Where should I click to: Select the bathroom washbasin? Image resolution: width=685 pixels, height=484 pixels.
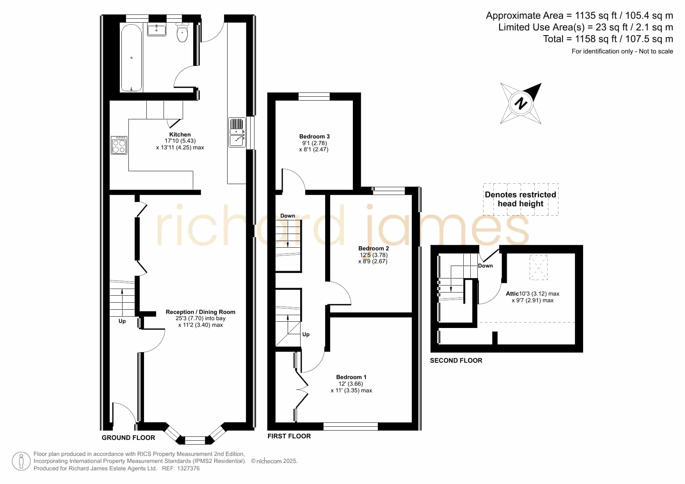click(x=157, y=29)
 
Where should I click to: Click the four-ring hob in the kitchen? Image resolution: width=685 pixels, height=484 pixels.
click(x=119, y=145)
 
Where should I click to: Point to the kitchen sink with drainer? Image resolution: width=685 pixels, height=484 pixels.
click(x=237, y=133)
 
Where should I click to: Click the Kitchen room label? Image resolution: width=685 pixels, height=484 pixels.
click(x=180, y=135)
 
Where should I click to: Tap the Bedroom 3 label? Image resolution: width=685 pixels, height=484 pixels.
click(x=314, y=137)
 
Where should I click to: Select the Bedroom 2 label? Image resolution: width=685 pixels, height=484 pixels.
click(x=374, y=248)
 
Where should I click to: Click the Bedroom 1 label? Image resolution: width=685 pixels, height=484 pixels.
click(x=351, y=377)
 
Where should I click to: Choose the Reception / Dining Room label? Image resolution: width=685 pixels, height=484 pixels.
click(x=201, y=312)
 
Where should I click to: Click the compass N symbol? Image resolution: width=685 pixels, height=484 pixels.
click(x=521, y=103)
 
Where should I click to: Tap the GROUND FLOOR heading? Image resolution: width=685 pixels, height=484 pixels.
click(x=128, y=438)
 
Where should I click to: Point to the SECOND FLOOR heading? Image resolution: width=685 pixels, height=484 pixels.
click(x=456, y=360)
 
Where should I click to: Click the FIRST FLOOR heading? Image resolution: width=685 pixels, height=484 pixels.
click(x=289, y=436)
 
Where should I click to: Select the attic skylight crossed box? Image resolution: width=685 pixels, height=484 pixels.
click(x=539, y=268)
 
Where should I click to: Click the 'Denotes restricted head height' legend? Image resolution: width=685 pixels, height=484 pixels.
click(x=521, y=199)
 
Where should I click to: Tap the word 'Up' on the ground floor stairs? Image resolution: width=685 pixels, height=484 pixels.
click(x=122, y=321)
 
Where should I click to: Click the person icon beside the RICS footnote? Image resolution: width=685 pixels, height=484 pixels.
click(x=21, y=461)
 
